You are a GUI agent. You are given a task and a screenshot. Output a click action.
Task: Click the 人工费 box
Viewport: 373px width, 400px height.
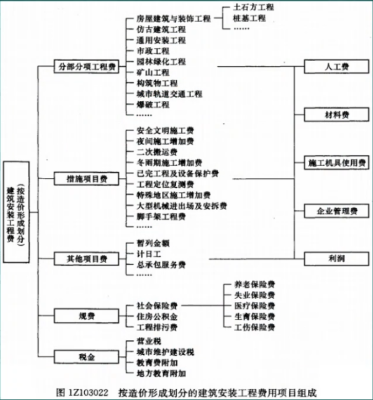tap(337, 67)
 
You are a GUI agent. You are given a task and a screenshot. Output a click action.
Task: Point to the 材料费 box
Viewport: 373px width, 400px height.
tap(337, 114)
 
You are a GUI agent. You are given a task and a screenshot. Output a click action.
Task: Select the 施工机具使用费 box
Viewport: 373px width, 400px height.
tap(337, 162)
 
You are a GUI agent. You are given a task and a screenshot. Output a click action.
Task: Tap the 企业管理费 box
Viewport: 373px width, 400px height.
tap(337, 210)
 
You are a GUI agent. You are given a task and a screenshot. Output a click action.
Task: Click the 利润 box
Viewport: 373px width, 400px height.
tap(337, 259)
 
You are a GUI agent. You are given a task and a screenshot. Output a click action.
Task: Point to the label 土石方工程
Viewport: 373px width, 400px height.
tap(253, 8)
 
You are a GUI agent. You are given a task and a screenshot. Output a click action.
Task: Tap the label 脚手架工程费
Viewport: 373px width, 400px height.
tap(161, 217)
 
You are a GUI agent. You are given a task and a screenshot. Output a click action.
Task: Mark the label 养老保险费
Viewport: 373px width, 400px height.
tap(254, 284)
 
